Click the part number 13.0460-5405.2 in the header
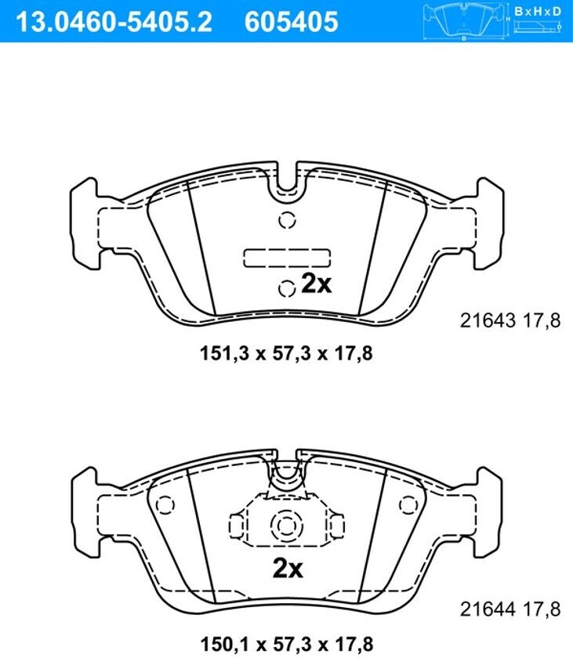pos(114,21)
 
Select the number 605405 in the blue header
pos(292,21)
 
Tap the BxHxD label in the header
pos(537,11)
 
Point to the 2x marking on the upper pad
pos(317,284)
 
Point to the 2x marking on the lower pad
pos(288,569)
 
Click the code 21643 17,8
pos(510,321)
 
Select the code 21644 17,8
pos(510,609)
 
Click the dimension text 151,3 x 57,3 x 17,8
pos(286,353)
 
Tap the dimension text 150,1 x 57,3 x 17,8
pos(286,643)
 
